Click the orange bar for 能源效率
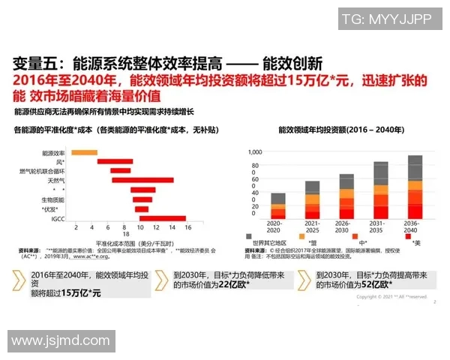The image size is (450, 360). click(84, 152)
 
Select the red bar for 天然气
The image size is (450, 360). click(131, 180)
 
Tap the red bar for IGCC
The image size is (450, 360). click(162, 218)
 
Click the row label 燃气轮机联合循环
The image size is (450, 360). click(42, 171)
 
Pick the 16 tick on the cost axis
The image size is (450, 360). click(187, 226)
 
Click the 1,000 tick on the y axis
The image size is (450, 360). click(253, 151)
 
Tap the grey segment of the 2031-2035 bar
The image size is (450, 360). click(380, 173)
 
